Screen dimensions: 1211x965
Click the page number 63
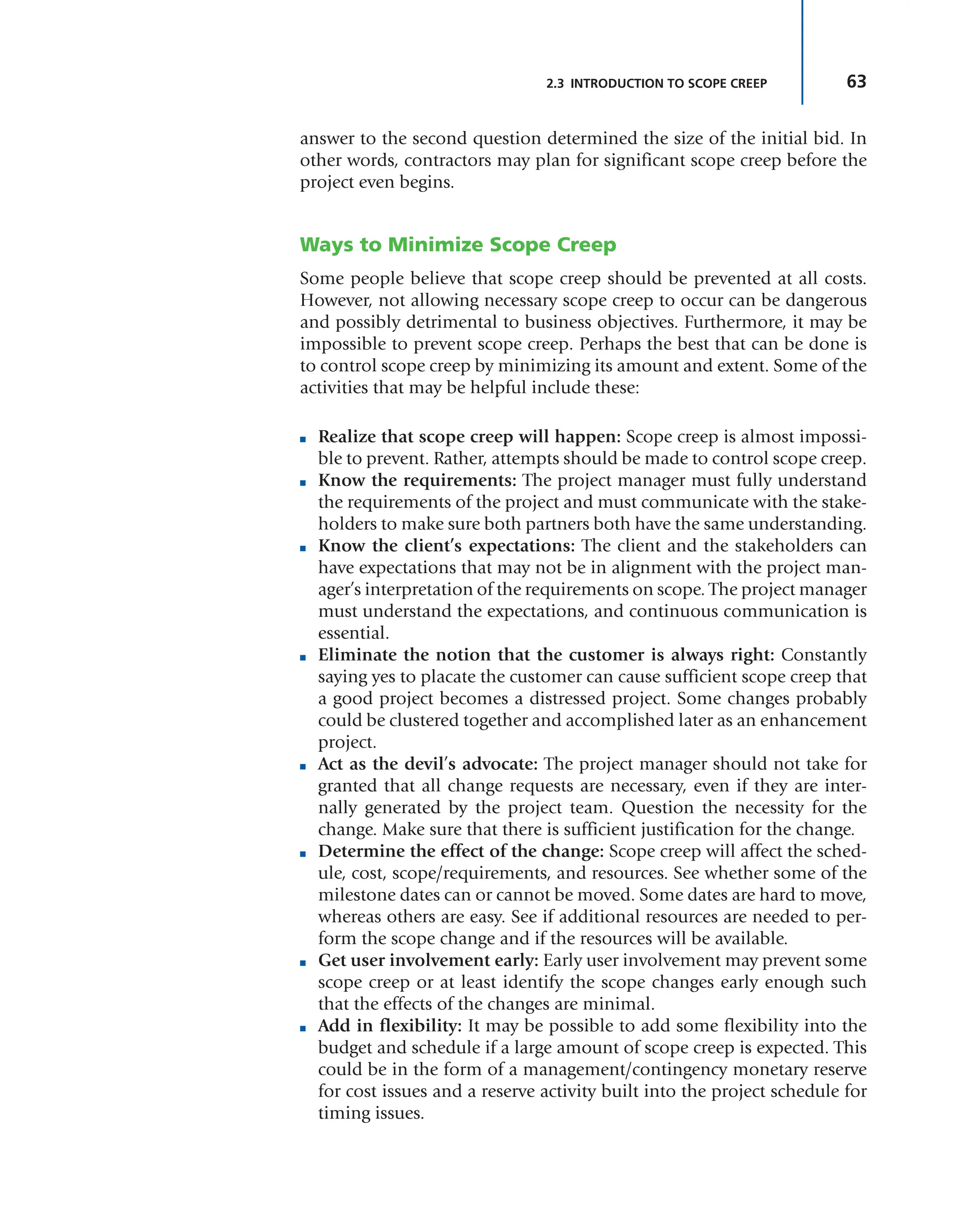(856, 82)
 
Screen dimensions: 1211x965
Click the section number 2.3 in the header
(555, 84)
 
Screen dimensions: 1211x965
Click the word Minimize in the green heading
(435, 245)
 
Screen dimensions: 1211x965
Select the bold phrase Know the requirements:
(417, 480)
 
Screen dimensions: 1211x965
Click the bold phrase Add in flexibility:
(390, 1026)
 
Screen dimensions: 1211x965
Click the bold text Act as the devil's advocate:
(428, 764)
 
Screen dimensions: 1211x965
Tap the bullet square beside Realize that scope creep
(303, 439)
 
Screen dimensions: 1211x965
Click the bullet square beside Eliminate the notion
(303, 657)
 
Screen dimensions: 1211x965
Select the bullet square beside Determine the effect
(303, 853)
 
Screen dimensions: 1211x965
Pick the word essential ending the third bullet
(352, 633)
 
